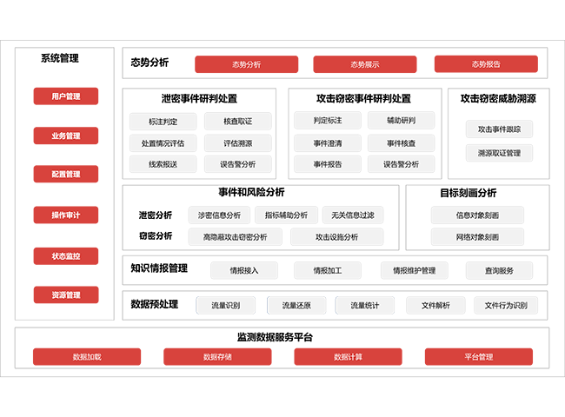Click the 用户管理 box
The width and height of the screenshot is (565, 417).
66,96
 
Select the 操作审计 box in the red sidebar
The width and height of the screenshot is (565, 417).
66,215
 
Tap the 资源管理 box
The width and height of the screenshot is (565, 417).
66,295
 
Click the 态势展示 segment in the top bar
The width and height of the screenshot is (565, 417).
364,64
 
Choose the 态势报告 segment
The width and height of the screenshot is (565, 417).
485,64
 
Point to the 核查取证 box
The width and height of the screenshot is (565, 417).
237,122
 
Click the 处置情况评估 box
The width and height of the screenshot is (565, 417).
163,142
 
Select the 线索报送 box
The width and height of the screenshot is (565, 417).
163,163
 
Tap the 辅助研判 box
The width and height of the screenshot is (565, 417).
401,121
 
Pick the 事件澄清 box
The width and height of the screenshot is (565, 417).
328,142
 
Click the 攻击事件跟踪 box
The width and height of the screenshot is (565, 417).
499,129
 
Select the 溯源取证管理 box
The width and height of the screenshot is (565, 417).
499,153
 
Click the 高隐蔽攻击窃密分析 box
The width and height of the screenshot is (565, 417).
235,236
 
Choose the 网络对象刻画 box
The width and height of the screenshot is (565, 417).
477,236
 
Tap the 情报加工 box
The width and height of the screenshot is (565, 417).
328,271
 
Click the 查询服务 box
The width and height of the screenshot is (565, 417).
499,271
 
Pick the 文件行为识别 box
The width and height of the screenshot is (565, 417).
506,306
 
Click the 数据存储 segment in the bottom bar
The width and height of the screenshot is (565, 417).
217,356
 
